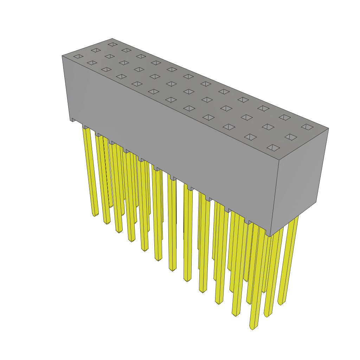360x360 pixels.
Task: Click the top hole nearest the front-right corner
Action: [x=273, y=148]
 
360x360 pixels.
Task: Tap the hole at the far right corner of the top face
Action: [x=307, y=127]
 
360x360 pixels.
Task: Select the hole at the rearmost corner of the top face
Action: [x=112, y=44]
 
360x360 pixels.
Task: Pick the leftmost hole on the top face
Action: [x=78, y=56]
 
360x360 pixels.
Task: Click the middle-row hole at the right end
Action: [x=291, y=137]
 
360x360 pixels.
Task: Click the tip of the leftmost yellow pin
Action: [x=95, y=214]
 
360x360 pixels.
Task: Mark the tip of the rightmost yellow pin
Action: [x=281, y=303]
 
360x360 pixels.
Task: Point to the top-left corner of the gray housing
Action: [x=62, y=56]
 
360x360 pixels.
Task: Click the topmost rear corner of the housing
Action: [x=112, y=39]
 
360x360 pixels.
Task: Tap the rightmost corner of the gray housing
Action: [x=328, y=128]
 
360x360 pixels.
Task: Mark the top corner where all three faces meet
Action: [x=279, y=160]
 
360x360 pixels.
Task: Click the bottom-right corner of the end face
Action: [x=316, y=202]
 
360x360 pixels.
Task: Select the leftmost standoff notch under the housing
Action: [x=73, y=120]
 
